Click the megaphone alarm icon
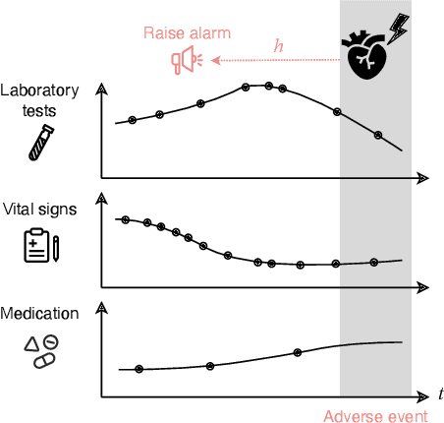[185, 62]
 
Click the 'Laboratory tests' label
[41, 101]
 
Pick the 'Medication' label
[41, 314]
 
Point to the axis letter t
[441, 394]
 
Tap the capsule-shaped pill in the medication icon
[44, 361]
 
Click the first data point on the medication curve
[139, 369]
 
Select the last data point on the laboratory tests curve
[378, 135]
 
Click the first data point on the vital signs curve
[123, 219]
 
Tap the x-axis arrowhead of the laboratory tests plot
[422, 178]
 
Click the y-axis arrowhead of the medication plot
[102, 308]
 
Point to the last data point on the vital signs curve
[373, 262]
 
